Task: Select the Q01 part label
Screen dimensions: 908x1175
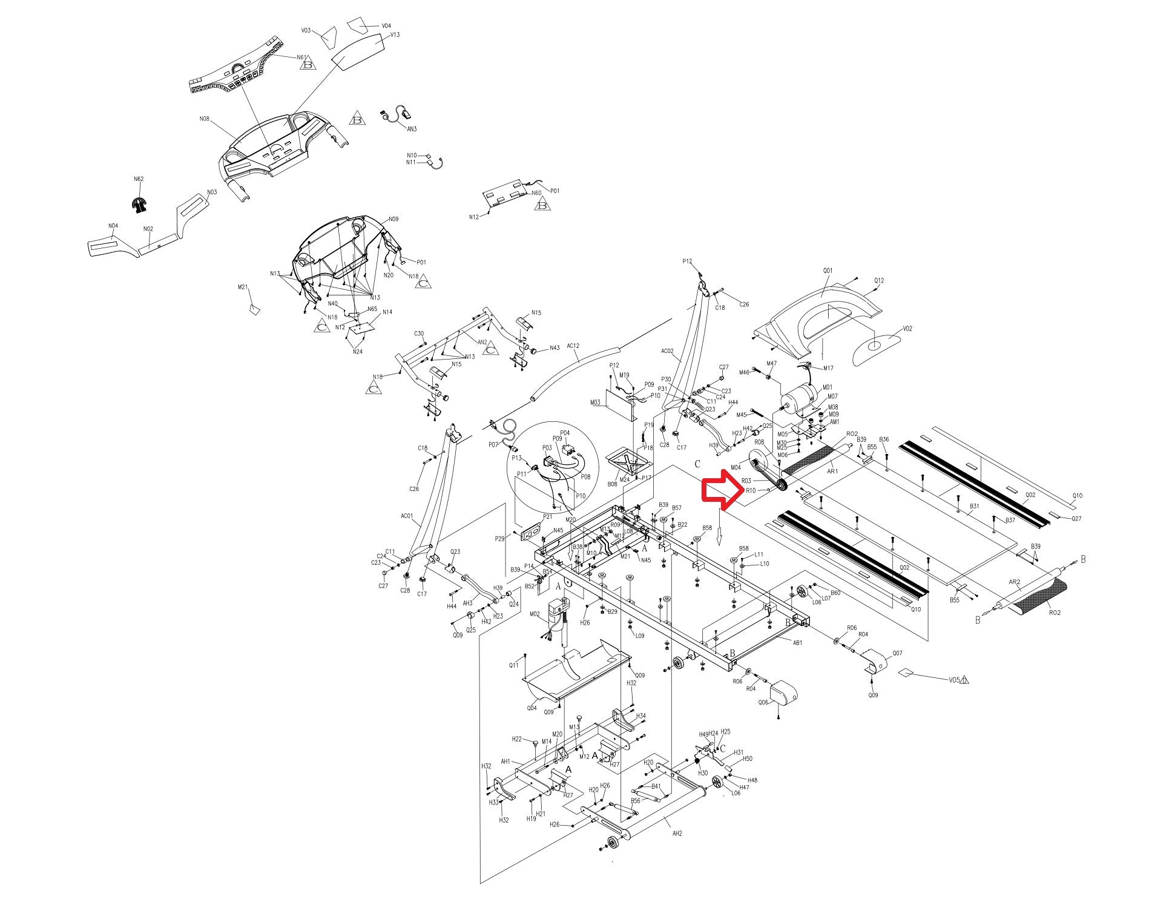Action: [x=828, y=271]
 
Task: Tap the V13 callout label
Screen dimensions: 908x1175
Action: [x=395, y=35]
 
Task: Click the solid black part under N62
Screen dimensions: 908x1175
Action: [x=140, y=205]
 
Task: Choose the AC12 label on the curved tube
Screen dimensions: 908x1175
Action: [x=573, y=346]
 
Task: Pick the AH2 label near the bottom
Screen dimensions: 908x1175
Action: [x=677, y=833]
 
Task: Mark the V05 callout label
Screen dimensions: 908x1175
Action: [x=954, y=679]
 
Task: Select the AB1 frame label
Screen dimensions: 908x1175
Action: [x=797, y=642]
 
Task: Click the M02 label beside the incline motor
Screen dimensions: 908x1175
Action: [x=535, y=614]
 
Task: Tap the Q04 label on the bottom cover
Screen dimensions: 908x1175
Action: [x=532, y=708]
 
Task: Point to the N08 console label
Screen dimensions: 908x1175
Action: [x=204, y=119]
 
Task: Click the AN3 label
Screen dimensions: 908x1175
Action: [x=412, y=129]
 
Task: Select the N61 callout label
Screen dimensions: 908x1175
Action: [x=301, y=58]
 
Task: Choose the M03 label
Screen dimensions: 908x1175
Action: [x=595, y=403]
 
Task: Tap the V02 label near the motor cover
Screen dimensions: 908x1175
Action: [x=907, y=329]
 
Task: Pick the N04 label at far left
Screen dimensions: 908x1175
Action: [x=113, y=226]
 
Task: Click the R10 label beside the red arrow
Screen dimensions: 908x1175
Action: [x=751, y=490]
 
